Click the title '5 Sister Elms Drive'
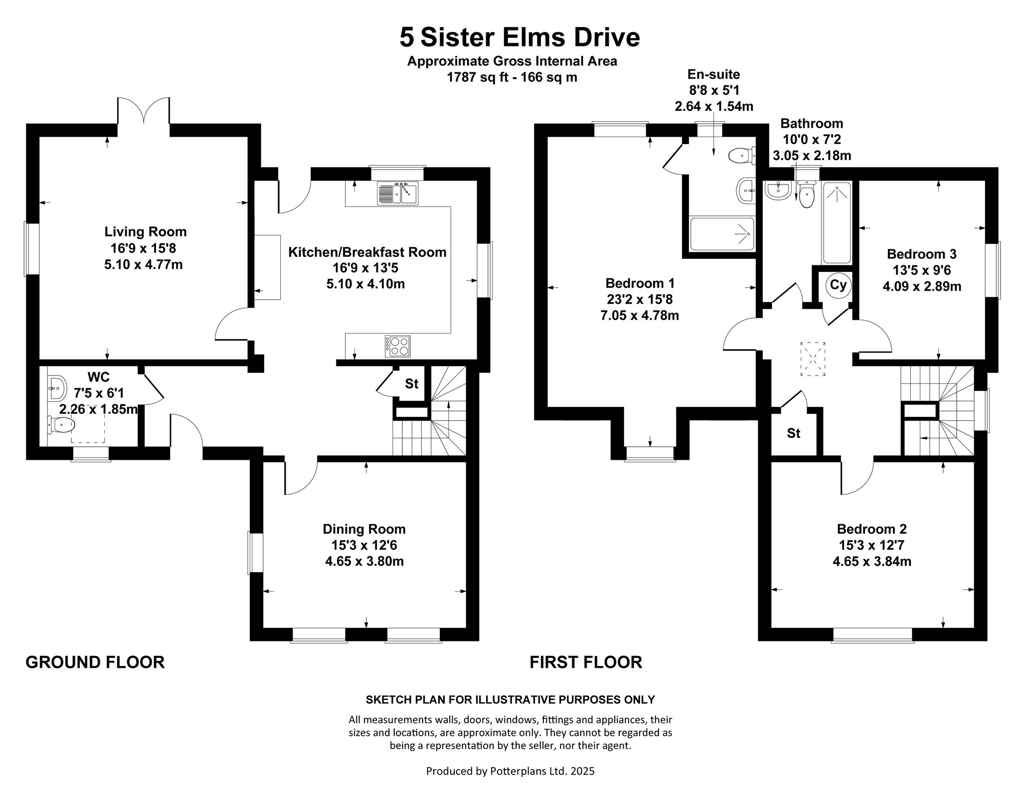pyautogui.click(x=519, y=37)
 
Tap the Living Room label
pyautogui.click(x=146, y=231)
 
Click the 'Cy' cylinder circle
pyautogui.click(x=838, y=285)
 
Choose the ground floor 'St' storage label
pyautogui.click(x=411, y=384)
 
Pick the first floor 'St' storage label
pyautogui.click(x=794, y=433)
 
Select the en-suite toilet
pyautogui.click(x=741, y=156)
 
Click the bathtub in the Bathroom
pyautogui.click(x=837, y=223)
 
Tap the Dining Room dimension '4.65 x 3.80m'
pyautogui.click(x=364, y=562)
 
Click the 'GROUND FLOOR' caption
pyautogui.click(x=95, y=662)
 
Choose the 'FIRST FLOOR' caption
pyautogui.click(x=586, y=662)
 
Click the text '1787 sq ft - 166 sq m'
pyautogui.click(x=512, y=78)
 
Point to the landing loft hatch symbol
pyautogui.click(x=813, y=359)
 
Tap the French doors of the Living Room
pyautogui.click(x=144, y=110)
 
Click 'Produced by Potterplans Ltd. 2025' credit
pyautogui.click(x=510, y=771)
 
